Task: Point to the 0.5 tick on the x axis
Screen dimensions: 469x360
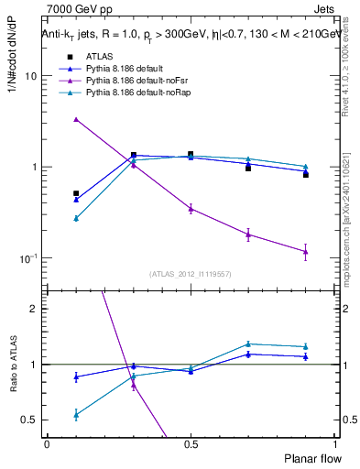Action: [190, 442]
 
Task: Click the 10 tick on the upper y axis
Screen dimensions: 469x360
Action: [31, 76]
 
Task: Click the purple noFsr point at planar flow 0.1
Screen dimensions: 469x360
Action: [76, 119]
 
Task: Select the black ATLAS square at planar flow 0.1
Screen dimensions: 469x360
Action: [76, 193]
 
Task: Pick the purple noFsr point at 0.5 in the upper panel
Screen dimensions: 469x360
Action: [191, 209]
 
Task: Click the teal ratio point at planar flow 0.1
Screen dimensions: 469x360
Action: [76, 415]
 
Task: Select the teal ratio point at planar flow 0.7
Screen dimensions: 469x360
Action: [248, 344]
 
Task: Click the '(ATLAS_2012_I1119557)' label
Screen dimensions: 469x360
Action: [191, 274]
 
